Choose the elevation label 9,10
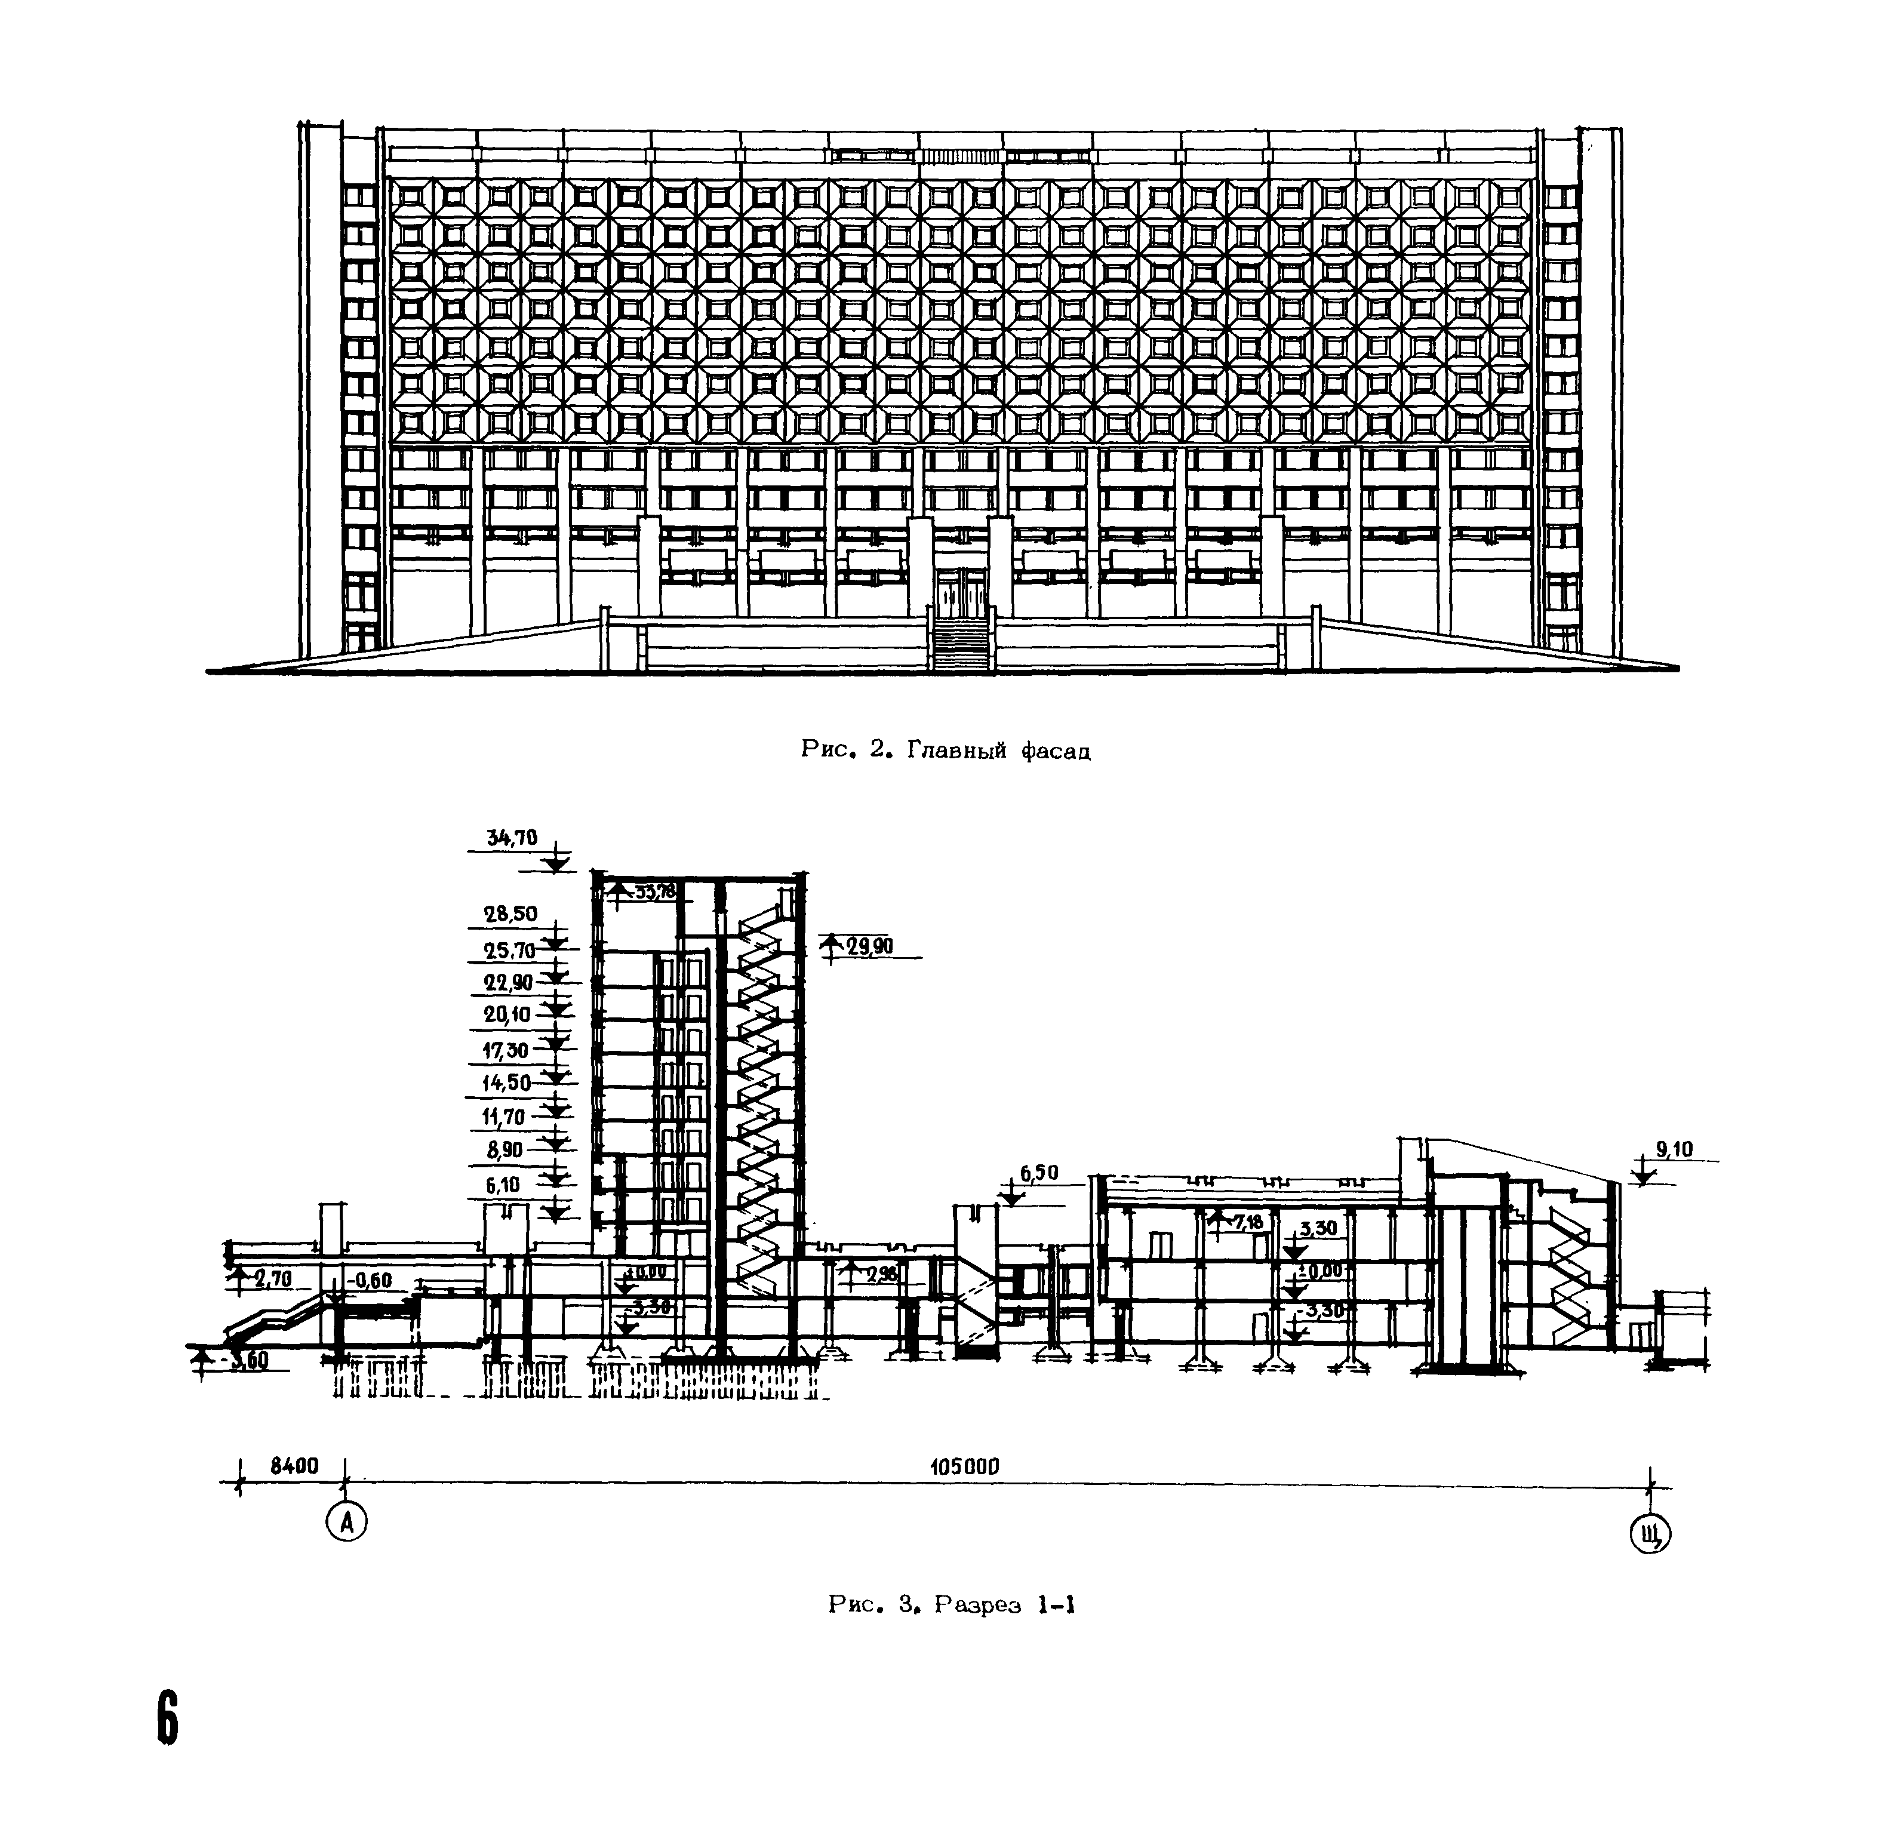[x=1674, y=1150]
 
